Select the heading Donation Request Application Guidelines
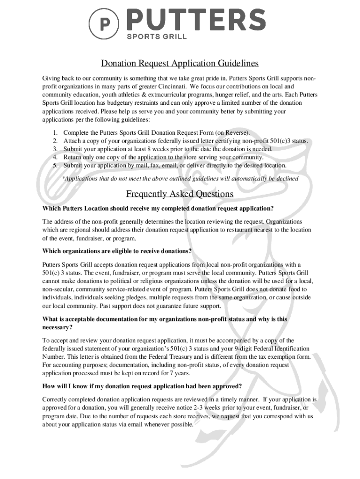click(180, 63)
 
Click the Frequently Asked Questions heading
click(180, 194)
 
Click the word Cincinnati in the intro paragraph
click(173, 87)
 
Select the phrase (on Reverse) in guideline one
click(232, 132)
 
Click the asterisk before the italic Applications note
click(64, 178)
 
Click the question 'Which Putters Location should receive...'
click(158, 208)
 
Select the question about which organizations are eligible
click(117, 251)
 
